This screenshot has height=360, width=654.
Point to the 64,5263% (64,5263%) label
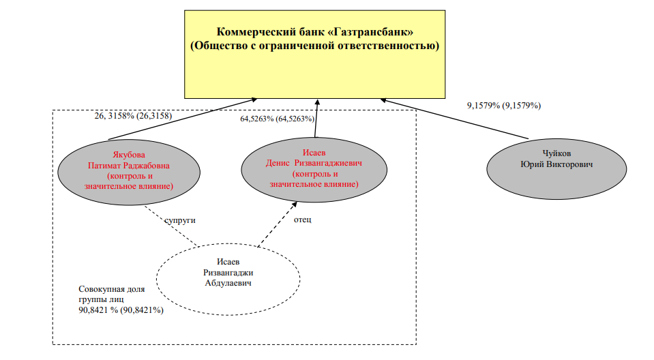tap(278, 119)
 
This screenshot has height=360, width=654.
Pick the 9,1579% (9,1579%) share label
tap(504, 106)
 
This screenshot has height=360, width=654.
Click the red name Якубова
tap(129, 155)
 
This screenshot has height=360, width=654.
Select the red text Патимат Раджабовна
tap(129, 166)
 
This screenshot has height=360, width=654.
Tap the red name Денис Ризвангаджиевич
tap(314, 163)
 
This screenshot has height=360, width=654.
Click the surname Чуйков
tap(556, 153)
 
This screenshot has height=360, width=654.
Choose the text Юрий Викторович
tap(556, 164)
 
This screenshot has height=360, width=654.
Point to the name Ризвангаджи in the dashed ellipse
tap(228, 273)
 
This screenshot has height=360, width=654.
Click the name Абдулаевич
tap(228, 283)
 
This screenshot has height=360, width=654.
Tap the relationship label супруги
tap(180, 220)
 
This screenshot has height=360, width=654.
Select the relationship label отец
tap(302, 220)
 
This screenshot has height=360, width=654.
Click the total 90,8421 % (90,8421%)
tap(121, 310)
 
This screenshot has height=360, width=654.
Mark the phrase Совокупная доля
tap(112, 289)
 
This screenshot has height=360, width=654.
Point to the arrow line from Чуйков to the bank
tap(454, 119)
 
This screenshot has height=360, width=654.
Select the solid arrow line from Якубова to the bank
tap(183, 119)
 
